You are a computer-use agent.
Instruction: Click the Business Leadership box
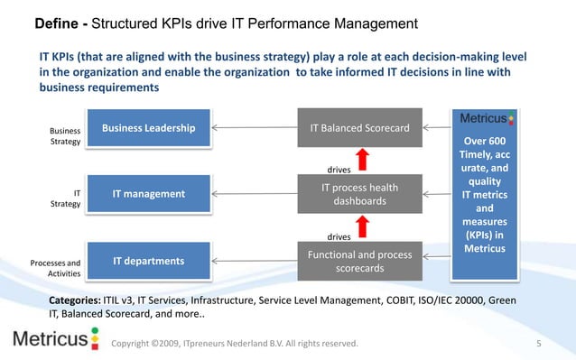148,128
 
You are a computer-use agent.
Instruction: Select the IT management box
148,194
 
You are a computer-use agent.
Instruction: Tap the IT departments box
148,262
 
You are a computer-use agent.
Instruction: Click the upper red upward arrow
362,159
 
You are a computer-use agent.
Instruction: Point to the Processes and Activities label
56,268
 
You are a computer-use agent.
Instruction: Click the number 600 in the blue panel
495,142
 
